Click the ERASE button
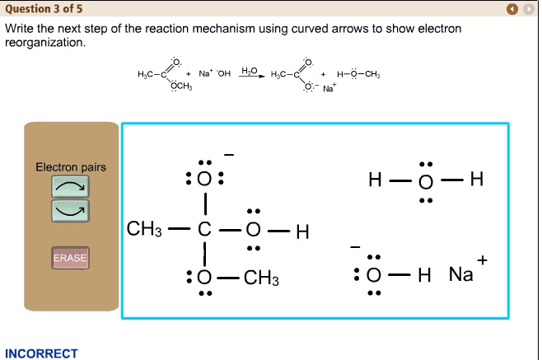(70, 258)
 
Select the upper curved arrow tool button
(70, 187)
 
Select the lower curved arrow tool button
(70, 211)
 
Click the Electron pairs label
(70, 167)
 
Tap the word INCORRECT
(41, 353)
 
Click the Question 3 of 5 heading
(43, 8)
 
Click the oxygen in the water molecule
(424, 180)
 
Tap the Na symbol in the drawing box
(460, 275)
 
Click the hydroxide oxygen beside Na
(375, 275)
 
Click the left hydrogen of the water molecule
(376, 180)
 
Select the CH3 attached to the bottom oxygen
(262, 278)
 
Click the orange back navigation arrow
(512, 9)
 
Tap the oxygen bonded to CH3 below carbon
(205, 278)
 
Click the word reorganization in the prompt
(44, 41)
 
